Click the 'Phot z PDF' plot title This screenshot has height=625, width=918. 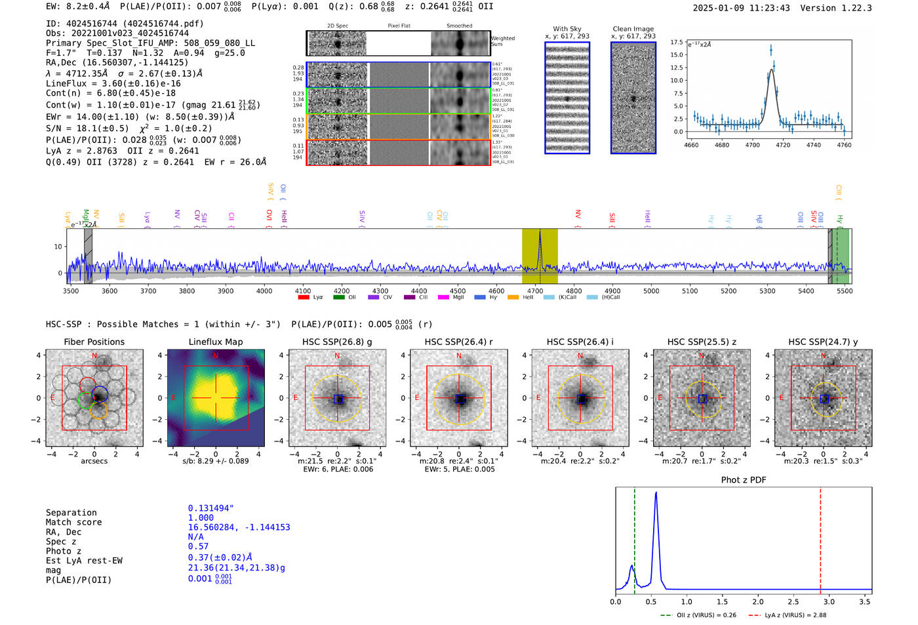(x=744, y=479)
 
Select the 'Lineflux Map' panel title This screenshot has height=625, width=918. (x=215, y=342)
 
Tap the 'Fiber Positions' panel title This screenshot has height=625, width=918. (x=94, y=342)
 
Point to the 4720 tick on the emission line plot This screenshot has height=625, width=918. (x=783, y=145)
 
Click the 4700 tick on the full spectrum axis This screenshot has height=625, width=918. (x=535, y=291)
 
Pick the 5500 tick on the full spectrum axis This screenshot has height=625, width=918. (x=845, y=291)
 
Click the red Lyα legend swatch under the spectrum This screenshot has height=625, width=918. (x=304, y=297)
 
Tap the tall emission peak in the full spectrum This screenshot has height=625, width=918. (x=540, y=233)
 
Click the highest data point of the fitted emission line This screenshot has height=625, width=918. (x=771, y=49)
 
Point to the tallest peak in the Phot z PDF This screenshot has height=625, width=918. (x=656, y=493)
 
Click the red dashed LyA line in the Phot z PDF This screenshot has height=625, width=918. (x=820, y=538)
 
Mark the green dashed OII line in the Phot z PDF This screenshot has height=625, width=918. (x=635, y=538)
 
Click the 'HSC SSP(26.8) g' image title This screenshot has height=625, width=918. (x=337, y=342)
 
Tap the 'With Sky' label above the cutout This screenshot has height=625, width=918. (x=567, y=29)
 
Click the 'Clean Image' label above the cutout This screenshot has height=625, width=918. (x=633, y=29)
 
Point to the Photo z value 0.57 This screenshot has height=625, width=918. (x=198, y=546)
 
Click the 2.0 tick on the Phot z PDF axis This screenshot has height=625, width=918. (x=758, y=601)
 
